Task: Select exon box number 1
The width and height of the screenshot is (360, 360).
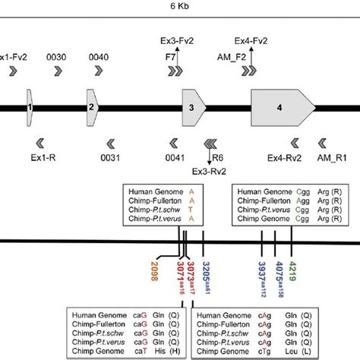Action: [30, 109]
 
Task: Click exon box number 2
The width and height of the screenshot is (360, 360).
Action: [91, 109]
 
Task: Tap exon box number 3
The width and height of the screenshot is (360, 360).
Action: [191, 109]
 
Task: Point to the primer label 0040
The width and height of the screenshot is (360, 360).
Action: [99, 56]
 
